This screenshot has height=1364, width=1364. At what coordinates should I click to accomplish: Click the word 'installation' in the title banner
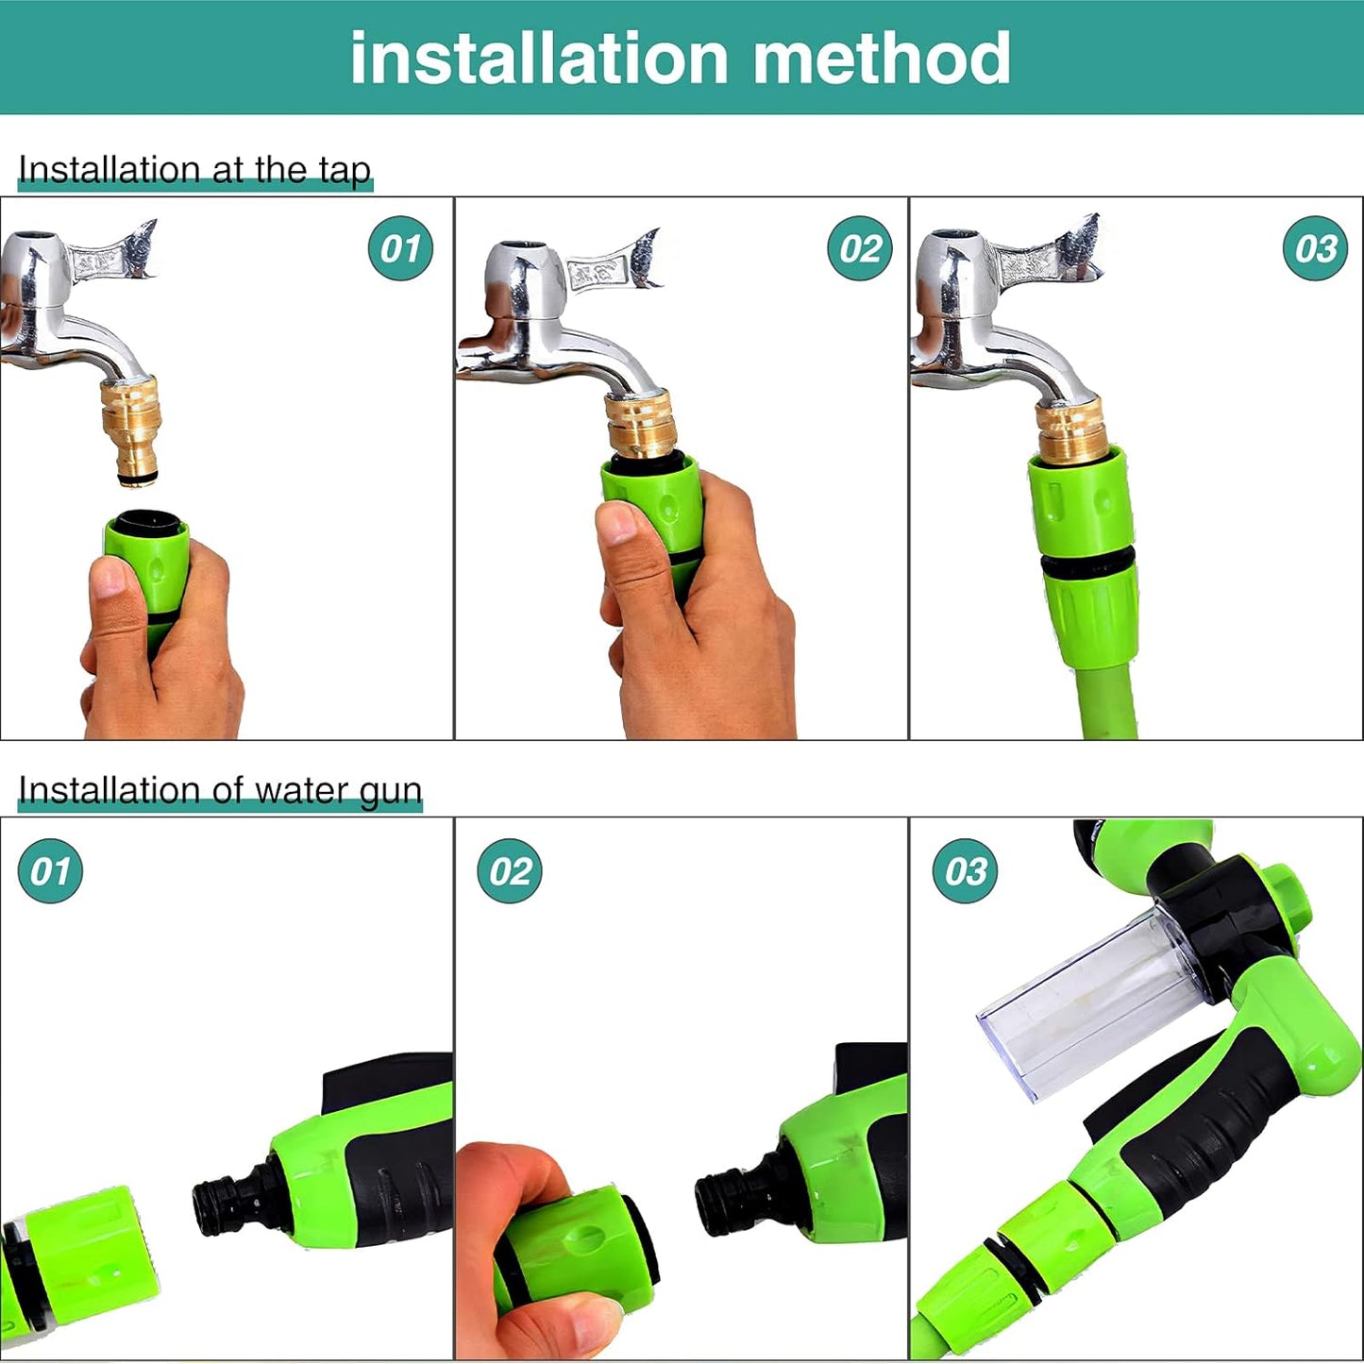pyautogui.click(x=539, y=59)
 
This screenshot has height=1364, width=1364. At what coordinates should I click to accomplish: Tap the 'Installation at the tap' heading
pyautogui.click(x=194, y=170)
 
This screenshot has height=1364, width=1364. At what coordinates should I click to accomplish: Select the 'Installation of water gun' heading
pyautogui.click(x=220, y=790)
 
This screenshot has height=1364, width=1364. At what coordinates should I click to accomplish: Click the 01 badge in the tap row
pyautogui.click(x=400, y=248)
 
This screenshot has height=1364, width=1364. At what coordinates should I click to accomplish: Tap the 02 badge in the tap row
pyautogui.click(x=859, y=248)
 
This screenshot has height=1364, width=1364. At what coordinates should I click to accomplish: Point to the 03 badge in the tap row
pyautogui.click(x=1315, y=248)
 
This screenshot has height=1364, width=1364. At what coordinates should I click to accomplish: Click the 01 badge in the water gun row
pyautogui.click(x=50, y=870)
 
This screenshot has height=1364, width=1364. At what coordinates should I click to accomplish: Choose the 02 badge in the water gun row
pyautogui.click(x=510, y=870)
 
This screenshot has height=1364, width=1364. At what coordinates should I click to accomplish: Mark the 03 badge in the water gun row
pyautogui.click(x=965, y=870)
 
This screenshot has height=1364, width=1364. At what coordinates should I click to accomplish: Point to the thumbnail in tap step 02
pyautogui.click(x=618, y=522)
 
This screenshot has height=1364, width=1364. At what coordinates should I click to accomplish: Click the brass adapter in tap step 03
pyautogui.click(x=1071, y=429)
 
